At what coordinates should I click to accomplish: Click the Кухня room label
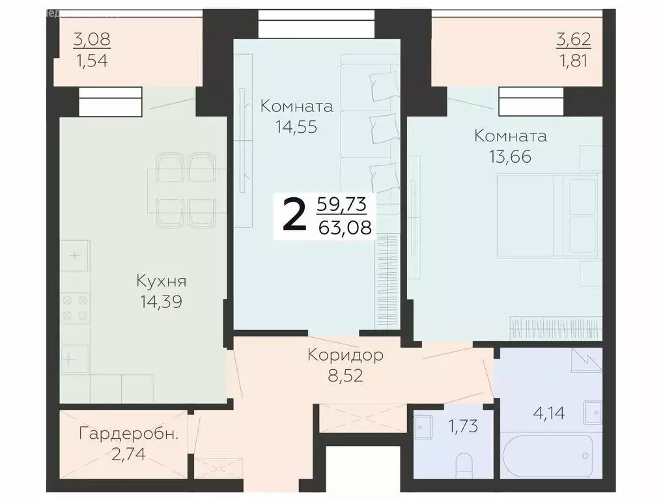[x=161, y=281]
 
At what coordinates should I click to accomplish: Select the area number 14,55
[x=296, y=127]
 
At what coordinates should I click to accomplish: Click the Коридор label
[x=345, y=355]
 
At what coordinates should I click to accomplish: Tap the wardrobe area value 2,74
[x=128, y=453]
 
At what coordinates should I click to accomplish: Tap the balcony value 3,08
[x=92, y=39]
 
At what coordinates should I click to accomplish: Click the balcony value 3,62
[x=573, y=39]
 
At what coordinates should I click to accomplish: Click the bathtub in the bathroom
[x=548, y=456]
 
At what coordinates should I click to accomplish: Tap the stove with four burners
[x=74, y=307]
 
